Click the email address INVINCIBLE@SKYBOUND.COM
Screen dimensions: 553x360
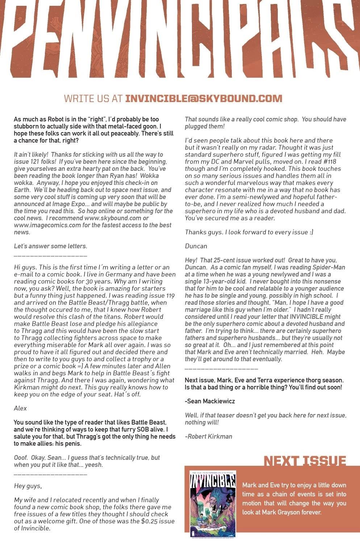click(x=204, y=98)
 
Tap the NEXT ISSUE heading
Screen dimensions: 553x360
click(x=305, y=461)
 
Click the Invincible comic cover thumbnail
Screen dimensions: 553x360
click(x=213, y=503)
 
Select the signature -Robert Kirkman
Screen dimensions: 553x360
click(x=209, y=436)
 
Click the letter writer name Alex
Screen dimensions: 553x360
click(x=20, y=408)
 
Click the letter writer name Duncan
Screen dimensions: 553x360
click(x=196, y=246)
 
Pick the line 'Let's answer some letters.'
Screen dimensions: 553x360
click(x=50, y=246)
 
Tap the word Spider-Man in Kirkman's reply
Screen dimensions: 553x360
click(x=327, y=267)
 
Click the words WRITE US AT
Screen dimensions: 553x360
click(x=93, y=98)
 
